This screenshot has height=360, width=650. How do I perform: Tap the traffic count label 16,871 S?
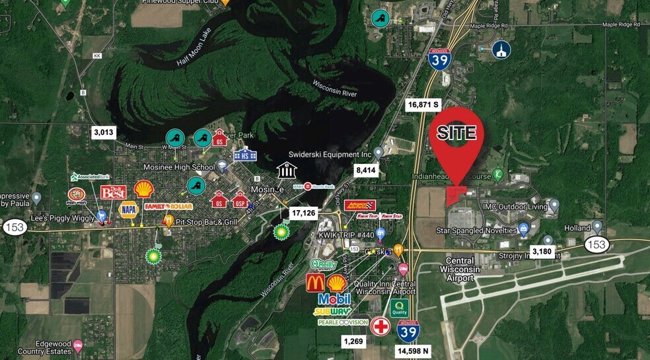423,104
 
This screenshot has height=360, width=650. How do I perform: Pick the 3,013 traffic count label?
104,132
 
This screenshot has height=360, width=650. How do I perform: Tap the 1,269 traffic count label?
353,341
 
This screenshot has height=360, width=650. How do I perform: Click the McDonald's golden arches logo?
315,283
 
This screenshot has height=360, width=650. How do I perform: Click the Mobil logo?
334,299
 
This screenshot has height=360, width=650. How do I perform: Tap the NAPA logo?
128,209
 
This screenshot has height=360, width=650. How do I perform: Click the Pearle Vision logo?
343,322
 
